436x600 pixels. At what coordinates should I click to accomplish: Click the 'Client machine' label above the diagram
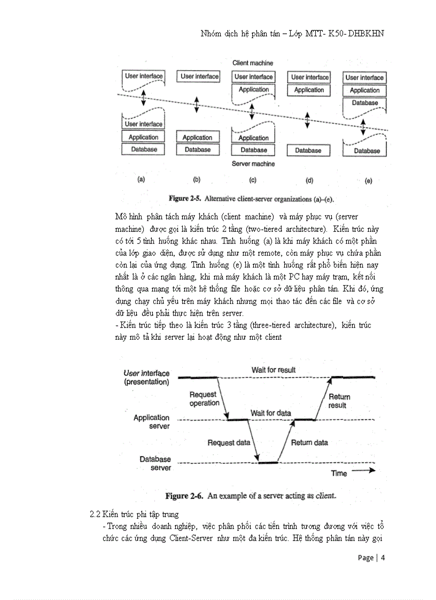(252, 63)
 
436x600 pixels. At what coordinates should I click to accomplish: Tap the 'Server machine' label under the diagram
(253, 164)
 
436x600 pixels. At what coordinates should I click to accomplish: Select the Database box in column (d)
(308, 151)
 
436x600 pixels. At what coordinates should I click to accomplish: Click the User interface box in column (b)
(199, 76)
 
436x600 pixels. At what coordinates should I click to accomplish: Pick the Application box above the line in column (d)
(309, 90)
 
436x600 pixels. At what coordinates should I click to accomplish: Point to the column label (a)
(142, 180)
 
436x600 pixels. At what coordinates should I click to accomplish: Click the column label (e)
(368, 181)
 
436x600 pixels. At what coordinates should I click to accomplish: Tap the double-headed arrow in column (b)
(197, 105)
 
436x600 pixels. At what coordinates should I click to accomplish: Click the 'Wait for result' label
(274, 370)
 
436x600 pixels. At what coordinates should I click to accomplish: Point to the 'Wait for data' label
(271, 413)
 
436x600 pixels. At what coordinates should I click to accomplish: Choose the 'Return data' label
(309, 442)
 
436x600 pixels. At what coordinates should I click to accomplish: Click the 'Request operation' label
(204, 399)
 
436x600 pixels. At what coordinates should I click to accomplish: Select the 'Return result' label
(339, 401)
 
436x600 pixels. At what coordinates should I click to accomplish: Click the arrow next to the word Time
(364, 471)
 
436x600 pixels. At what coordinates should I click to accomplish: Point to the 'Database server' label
(155, 463)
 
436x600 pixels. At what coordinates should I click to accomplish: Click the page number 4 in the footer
(383, 558)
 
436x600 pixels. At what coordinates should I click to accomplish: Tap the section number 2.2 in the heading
(95, 515)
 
